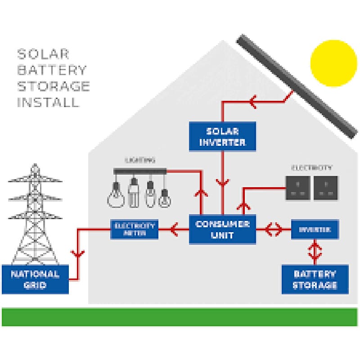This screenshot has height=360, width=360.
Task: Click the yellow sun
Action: [x=333, y=63]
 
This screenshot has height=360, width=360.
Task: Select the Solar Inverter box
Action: [x=222, y=136]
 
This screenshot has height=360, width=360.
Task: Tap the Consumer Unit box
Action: [x=222, y=229]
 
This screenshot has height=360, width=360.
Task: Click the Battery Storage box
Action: [x=315, y=279]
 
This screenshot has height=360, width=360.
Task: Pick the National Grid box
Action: [x=35, y=279]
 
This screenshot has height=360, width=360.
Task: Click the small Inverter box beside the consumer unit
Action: [x=315, y=229]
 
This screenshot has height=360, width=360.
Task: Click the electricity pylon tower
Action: [x=35, y=216]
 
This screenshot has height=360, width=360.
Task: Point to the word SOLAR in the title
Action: [x=43, y=54]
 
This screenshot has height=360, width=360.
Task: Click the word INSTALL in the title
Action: [x=48, y=102]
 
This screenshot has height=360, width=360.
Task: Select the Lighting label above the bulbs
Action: [x=140, y=160]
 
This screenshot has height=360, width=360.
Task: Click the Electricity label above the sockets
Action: [x=312, y=168]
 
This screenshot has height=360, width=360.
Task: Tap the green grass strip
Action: [x=180, y=316]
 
